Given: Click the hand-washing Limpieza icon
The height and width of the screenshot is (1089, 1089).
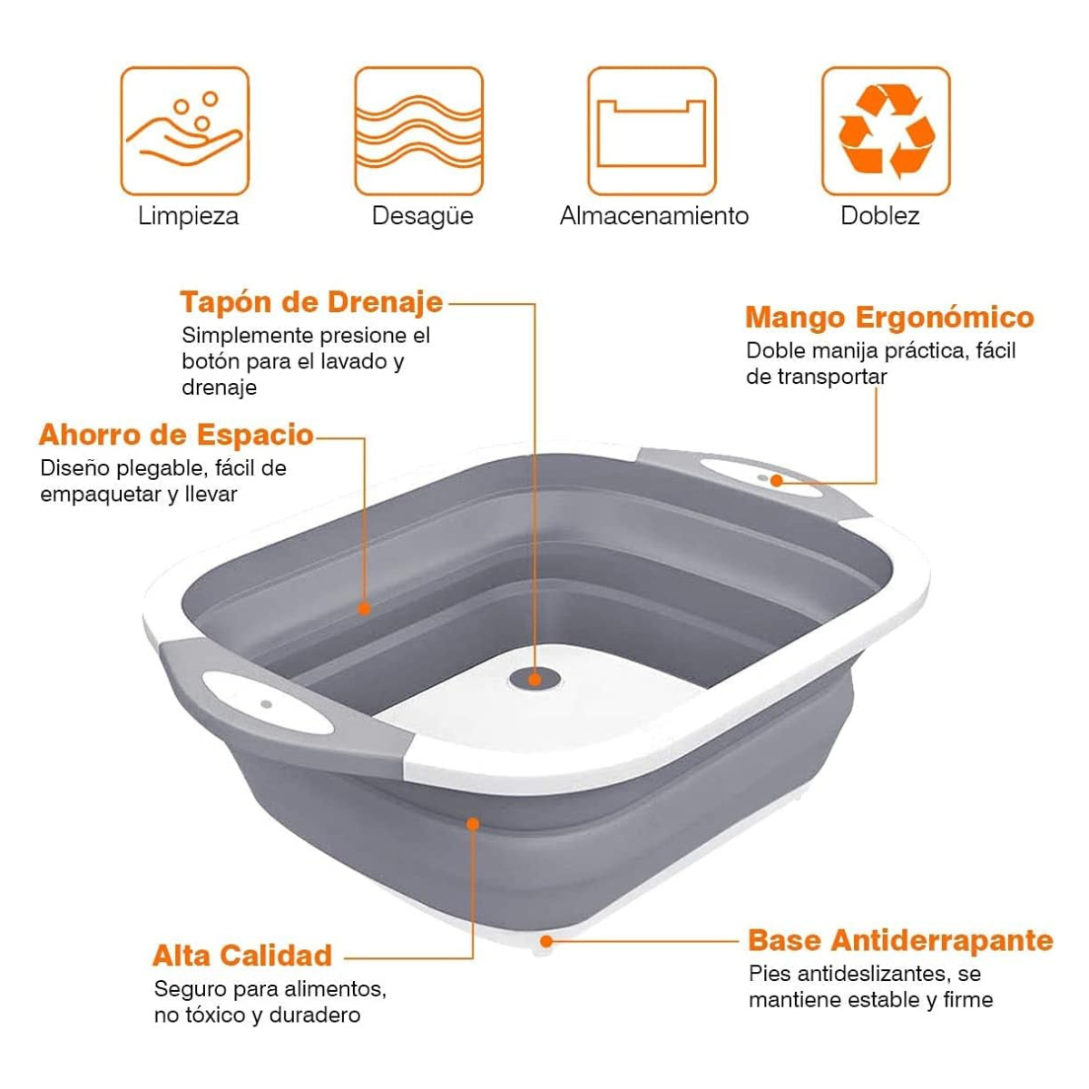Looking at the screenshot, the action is point(185,131).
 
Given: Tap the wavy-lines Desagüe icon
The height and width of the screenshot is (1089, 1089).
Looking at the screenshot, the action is point(418,131).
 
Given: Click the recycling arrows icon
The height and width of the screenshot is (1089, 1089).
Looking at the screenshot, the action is point(886,131).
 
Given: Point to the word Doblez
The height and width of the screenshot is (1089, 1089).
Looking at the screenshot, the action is point(880,216).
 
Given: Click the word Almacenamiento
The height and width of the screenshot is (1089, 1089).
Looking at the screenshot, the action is point(653,216).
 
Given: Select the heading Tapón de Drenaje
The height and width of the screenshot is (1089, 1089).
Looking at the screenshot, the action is point(311,303).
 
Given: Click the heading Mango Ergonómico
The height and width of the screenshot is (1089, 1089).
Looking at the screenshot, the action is point(889,317).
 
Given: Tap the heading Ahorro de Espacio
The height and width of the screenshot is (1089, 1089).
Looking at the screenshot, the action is point(176,436).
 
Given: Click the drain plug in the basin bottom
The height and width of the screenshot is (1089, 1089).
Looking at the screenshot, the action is point(535,679).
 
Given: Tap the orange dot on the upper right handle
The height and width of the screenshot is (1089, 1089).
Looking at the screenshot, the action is point(777,480).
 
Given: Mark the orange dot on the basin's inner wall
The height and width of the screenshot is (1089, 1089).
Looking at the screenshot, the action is point(364,609).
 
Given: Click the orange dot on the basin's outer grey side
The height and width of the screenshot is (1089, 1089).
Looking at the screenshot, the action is point(473,825).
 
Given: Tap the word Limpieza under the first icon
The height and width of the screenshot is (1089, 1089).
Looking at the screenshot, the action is point(188,216).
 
